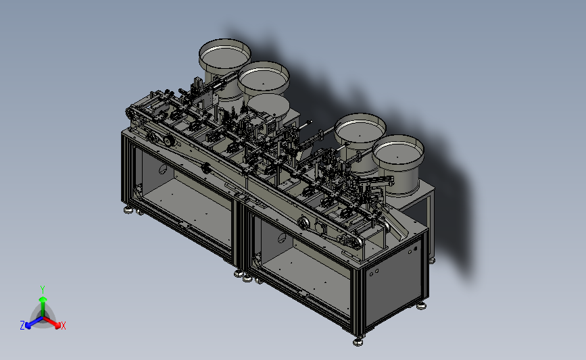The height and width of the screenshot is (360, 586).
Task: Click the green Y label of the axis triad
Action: pos(42,290)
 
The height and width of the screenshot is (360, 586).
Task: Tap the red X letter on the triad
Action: pos(63,326)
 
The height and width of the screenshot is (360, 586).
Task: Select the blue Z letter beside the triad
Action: pos(22,326)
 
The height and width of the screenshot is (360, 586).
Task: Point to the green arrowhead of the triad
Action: pos(43,299)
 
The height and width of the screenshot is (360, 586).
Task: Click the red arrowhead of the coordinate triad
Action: pos(57,326)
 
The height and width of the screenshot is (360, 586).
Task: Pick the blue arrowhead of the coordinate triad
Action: pos(28,326)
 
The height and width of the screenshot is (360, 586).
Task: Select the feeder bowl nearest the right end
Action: pos(398,163)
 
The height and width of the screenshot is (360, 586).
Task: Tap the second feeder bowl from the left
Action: pos(264,79)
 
